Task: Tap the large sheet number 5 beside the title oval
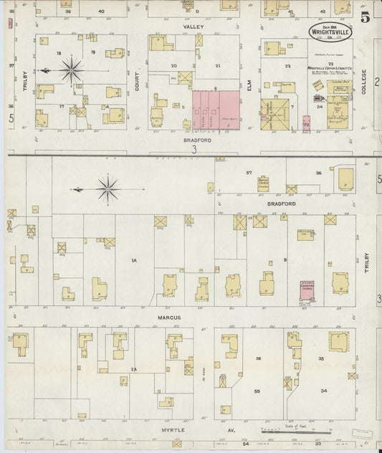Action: (366, 17)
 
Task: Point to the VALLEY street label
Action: (194, 27)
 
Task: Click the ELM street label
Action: (249, 90)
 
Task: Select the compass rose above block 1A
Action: (109, 189)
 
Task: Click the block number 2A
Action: (133, 368)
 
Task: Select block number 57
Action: (249, 173)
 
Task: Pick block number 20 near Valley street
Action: (173, 65)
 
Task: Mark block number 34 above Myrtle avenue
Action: (324, 391)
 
